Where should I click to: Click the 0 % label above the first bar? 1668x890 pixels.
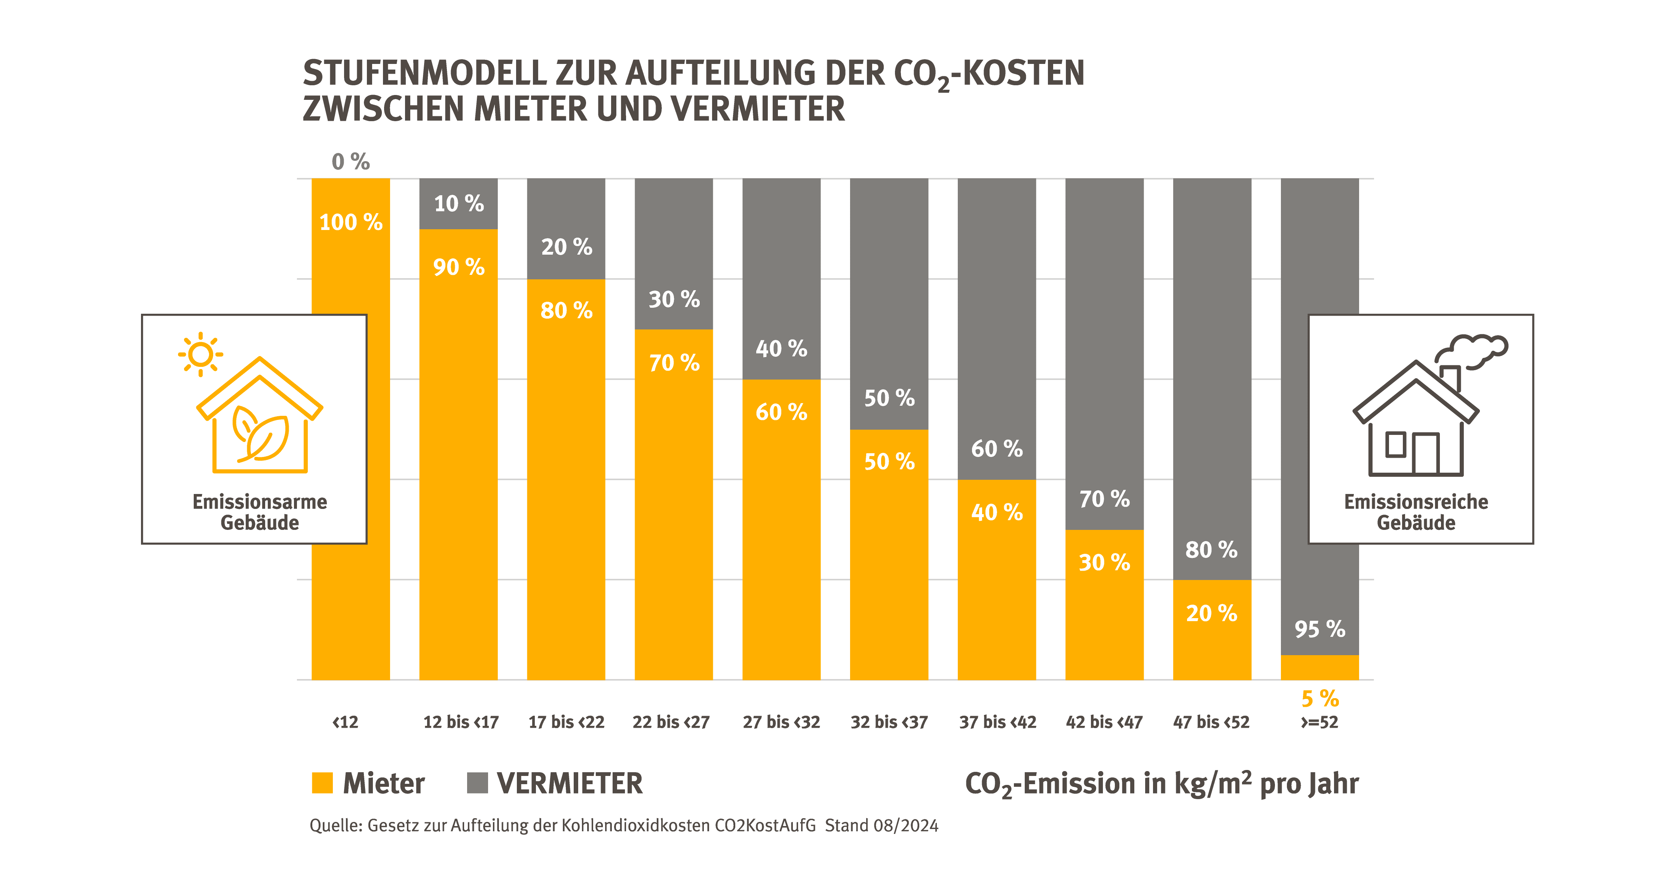[350, 161]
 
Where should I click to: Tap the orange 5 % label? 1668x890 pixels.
[1320, 699]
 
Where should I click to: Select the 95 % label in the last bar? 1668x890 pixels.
[1320, 629]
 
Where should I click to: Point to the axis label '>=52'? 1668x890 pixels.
[1320, 722]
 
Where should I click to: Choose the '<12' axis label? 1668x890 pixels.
[345, 722]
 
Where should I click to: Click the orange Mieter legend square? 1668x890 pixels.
[322, 783]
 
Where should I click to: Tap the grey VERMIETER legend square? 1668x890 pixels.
[477, 783]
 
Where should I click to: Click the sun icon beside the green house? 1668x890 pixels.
[201, 354]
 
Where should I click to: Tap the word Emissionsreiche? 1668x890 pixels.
[1416, 501]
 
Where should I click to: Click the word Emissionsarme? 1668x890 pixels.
[260, 501]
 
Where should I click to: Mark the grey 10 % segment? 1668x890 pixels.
[459, 203]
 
